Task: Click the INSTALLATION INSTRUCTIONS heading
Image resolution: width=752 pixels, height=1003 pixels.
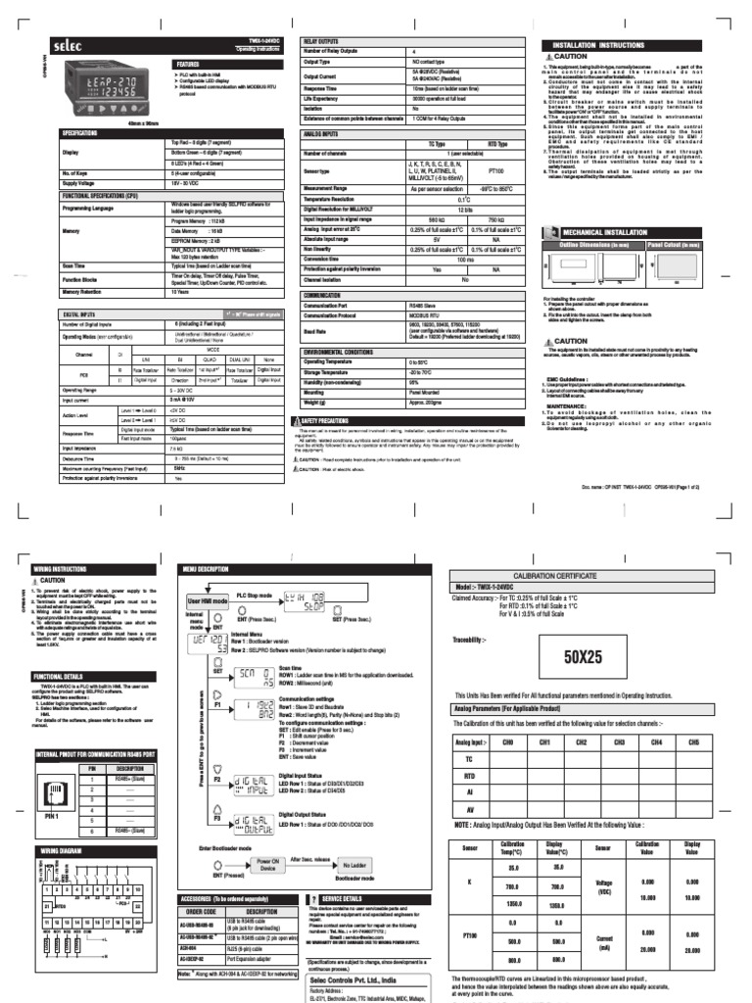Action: pos(599,45)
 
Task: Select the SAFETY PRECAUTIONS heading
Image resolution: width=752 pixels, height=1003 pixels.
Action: pos(332,419)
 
